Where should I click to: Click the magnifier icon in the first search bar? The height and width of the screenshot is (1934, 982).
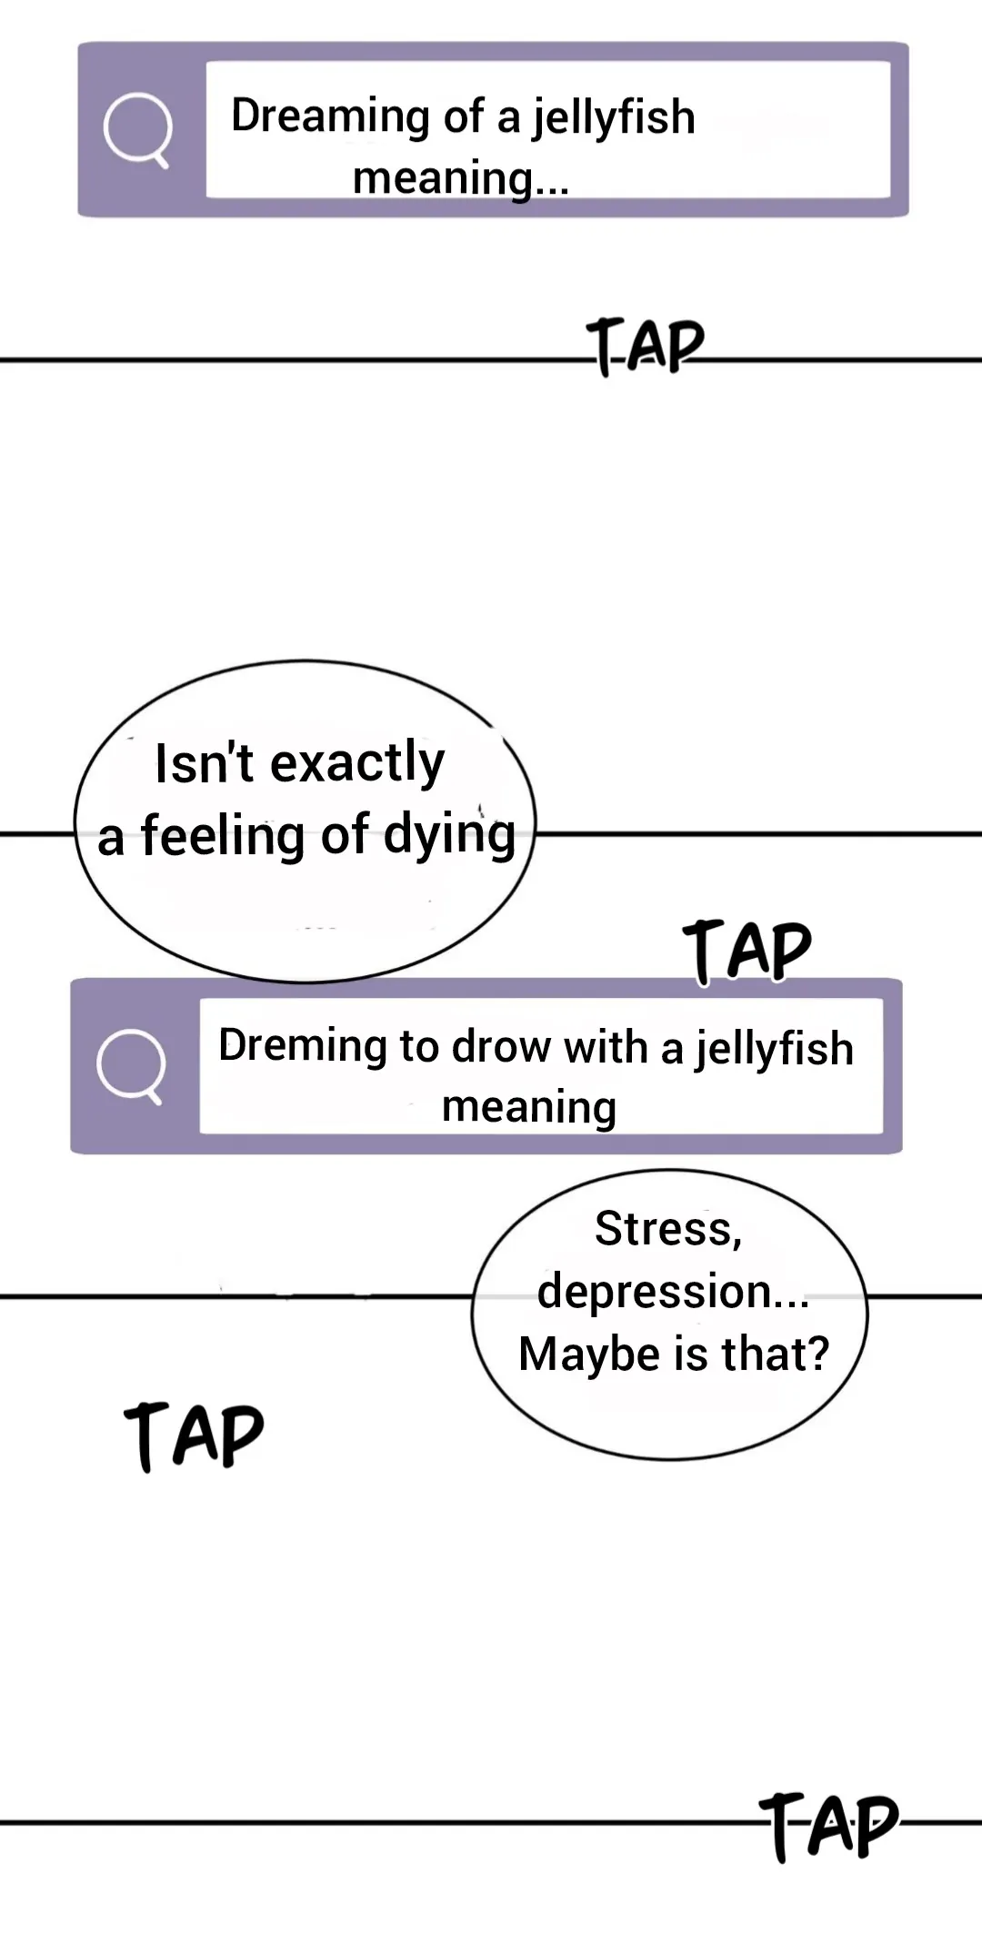click(x=137, y=130)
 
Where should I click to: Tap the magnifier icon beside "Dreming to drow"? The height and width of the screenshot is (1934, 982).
click(x=132, y=1065)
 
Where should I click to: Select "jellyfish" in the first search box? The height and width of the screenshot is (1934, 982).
click(x=614, y=117)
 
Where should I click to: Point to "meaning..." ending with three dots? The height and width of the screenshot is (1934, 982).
click(x=460, y=177)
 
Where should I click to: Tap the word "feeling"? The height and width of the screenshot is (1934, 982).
click(x=222, y=835)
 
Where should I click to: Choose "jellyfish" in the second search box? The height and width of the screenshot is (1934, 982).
click(x=776, y=1048)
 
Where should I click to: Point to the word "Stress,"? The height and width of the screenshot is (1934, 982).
click(x=668, y=1229)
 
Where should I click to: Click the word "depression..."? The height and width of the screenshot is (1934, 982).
click(x=673, y=1292)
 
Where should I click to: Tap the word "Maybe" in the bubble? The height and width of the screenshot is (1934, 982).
click(x=589, y=1354)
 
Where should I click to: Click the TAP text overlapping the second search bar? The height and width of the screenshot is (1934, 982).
click(x=747, y=951)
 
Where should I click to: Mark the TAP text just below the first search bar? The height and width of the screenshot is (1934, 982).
click(x=646, y=346)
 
